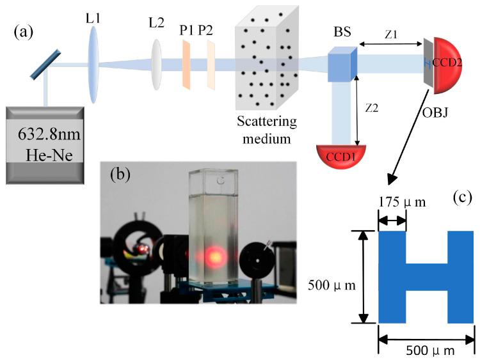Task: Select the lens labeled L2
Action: point(156,63)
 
